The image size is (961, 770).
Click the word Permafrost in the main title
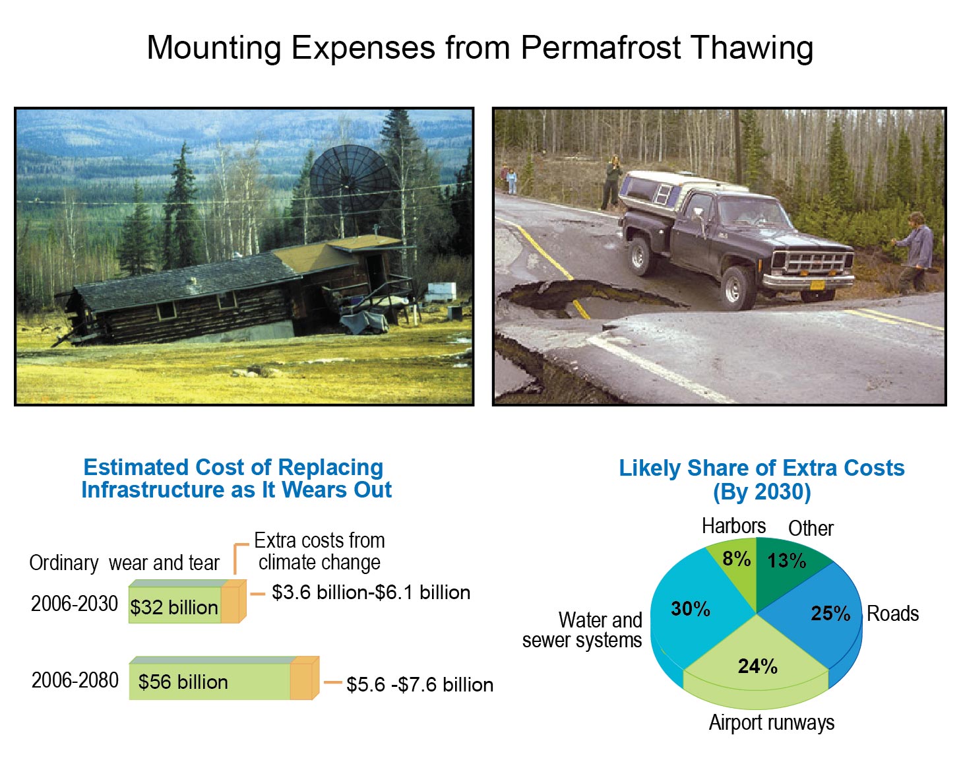pos(601,48)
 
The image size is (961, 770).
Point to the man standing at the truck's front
pos(915,253)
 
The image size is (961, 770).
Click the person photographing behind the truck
pos(612,181)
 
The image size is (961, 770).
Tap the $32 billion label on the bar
pos(173,607)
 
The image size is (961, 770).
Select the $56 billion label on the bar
pos(183,682)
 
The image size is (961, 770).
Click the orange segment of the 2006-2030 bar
pos(233,602)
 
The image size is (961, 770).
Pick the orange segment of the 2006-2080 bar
pos(305,678)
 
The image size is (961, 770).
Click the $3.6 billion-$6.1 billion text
pos(371,593)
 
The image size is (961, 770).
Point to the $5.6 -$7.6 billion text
pos(419,685)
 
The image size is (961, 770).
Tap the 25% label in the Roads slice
pos(830,613)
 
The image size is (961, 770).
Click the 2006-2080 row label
pos(75,680)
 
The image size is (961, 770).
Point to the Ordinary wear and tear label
pos(125,563)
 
